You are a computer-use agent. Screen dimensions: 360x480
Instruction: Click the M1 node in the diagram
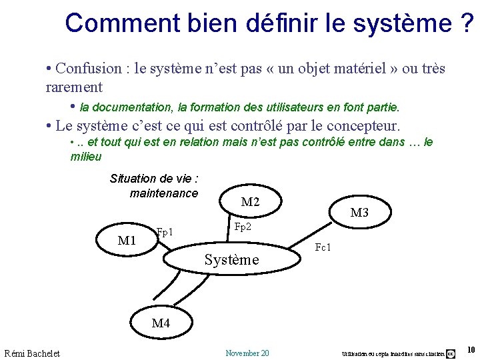pos(127,240)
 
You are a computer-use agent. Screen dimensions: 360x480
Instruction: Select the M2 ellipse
pos(250,202)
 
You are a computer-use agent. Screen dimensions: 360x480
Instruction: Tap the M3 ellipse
pos(359,213)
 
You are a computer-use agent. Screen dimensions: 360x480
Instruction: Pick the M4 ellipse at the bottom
pos(161,323)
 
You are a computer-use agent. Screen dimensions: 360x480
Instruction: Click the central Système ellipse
pos(231,260)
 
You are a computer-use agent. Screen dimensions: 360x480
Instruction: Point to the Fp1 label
pos(165,233)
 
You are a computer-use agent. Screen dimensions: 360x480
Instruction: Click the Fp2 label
pos(243,227)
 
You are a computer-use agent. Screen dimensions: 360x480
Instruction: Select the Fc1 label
pos(323,248)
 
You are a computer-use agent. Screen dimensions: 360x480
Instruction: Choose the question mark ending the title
pos(467,23)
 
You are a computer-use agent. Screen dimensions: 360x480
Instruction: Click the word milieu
pos(86,157)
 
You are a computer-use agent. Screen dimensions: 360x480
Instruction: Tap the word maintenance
pos(164,193)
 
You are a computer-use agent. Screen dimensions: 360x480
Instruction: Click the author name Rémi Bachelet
pos(32,353)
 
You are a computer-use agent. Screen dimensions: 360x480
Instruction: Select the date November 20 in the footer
pos(247,353)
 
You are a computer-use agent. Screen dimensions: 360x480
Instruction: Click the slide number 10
pos(471,351)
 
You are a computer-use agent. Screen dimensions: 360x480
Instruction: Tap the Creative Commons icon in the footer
pos(451,353)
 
